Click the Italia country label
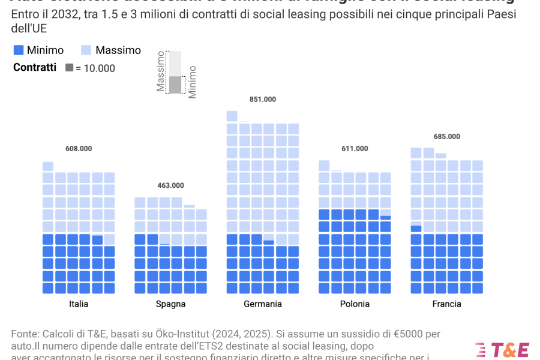[79, 304]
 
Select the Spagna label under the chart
[170, 304]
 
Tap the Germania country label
[263, 304]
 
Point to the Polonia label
[355, 304]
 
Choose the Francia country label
[447, 304]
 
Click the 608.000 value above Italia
[79, 149]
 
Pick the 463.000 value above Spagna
[170, 185]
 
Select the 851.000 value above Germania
[263, 100]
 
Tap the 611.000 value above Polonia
[355, 149]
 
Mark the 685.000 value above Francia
[447, 137]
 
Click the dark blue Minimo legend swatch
[19, 50]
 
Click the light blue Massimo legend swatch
[86, 50]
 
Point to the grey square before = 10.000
[70, 68]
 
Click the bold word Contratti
[35, 68]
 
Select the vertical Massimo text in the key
[161, 71]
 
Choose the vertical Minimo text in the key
[192, 82]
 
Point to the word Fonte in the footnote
[24, 334]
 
